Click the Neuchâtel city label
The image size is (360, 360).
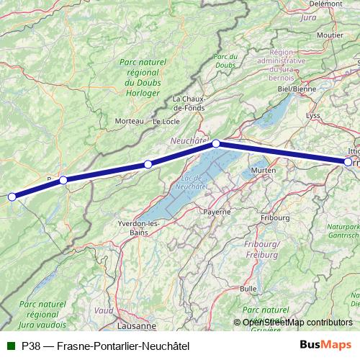tap(189, 140)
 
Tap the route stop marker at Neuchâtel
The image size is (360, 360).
tap(215, 144)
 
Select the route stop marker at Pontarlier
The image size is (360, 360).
tap(63, 180)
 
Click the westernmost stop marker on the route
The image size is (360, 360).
tap(12, 197)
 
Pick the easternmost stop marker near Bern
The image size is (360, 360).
tap(348, 162)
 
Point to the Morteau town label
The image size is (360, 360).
tap(130, 120)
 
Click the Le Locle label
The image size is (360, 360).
tap(166, 122)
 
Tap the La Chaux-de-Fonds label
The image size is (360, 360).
tap(190, 103)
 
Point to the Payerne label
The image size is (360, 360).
tap(216, 212)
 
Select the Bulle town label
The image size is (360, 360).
tap(248, 288)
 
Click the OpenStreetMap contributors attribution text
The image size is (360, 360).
tap(297, 323)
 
